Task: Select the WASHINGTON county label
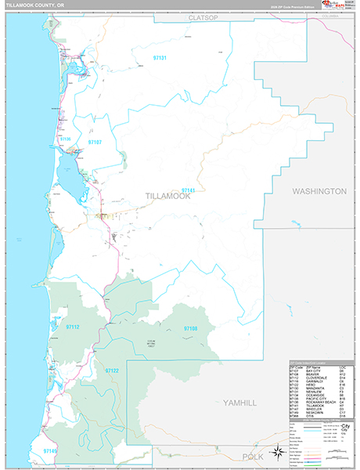(319, 191)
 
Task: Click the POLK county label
(253, 456)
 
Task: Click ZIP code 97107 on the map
(95, 143)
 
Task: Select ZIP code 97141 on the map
(188, 190)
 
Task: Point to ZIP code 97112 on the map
(73, 326)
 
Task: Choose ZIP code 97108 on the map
(190, 328)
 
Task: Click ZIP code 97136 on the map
(66, 139)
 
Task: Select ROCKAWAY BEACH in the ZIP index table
(319, 401)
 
